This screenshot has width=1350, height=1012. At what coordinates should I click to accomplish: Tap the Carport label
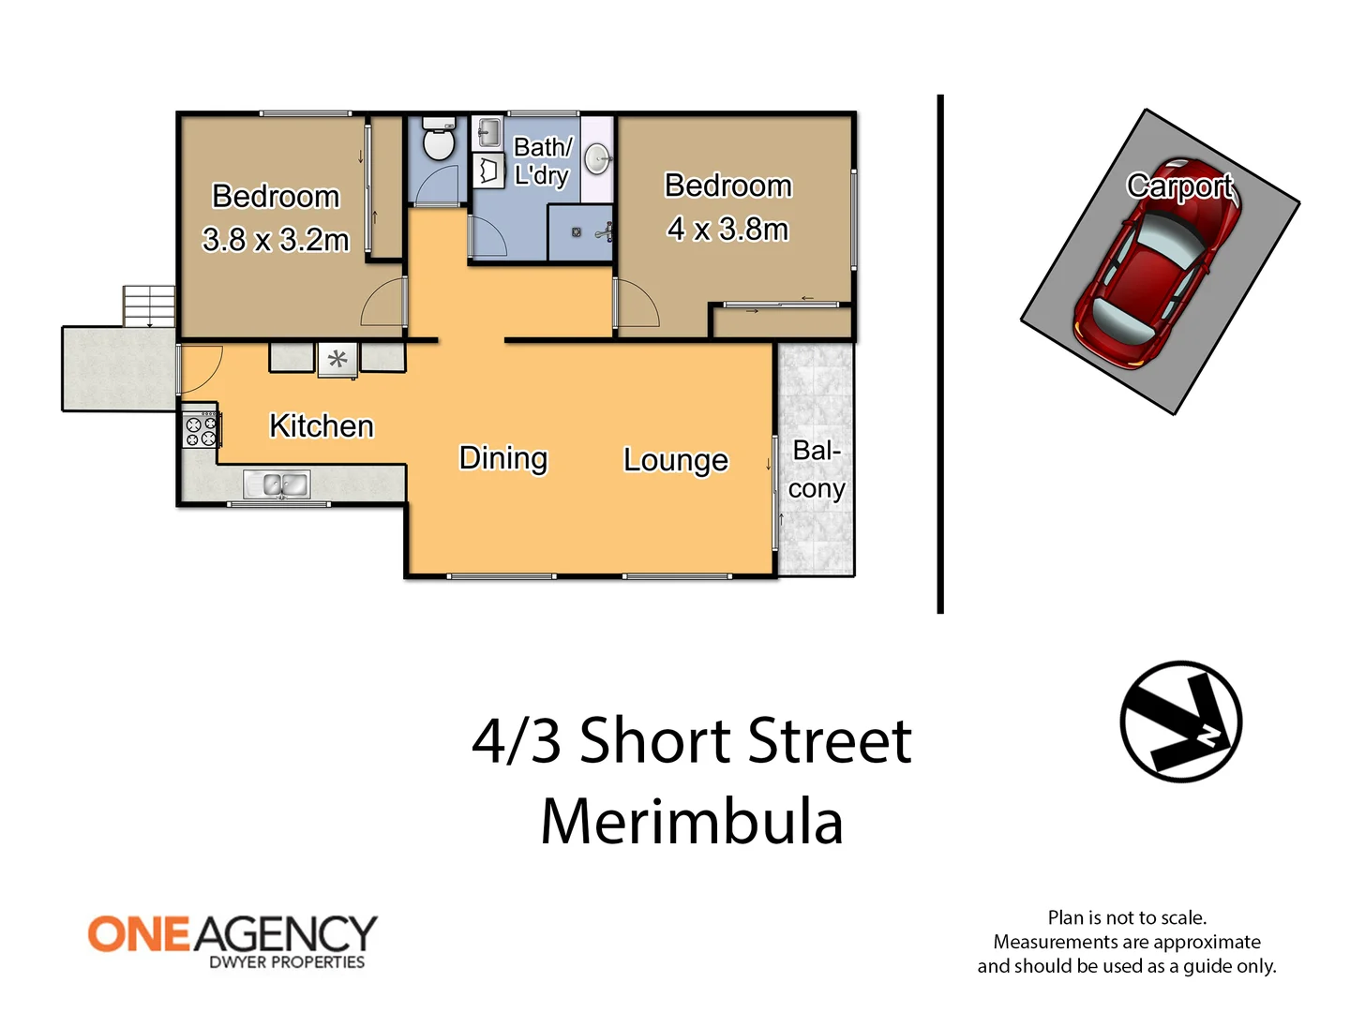click(1179, 186)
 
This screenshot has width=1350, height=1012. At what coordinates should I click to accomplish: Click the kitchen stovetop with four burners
click(200, 431)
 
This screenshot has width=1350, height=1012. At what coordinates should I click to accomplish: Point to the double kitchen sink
click(277, 484)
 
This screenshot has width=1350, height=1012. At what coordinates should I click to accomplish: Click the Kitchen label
click(322, 426)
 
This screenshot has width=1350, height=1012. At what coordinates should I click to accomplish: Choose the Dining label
click(503, 458)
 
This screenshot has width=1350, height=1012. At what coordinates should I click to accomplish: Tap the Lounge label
click(675, 460)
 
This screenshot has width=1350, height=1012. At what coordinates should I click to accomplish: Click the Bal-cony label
click(817, 469)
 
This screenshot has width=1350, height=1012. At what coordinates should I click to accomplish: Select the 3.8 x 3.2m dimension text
click(276, 240)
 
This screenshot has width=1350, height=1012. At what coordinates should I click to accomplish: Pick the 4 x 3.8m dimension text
click(727, 230)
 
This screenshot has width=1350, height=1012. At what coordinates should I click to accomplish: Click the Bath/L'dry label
click(542, 161)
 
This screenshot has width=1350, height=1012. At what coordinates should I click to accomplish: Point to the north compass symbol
click(1181, 722)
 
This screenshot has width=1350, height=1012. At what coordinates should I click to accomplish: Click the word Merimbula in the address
click(692, 823)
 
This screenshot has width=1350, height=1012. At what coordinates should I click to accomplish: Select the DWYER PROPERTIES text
click(286, 962)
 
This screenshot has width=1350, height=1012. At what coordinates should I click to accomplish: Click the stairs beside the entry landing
click(149, 306)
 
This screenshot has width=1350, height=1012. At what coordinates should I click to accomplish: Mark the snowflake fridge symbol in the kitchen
click(337, 359)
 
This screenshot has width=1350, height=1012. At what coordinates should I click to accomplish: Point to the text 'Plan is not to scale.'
click(1127, 917)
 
